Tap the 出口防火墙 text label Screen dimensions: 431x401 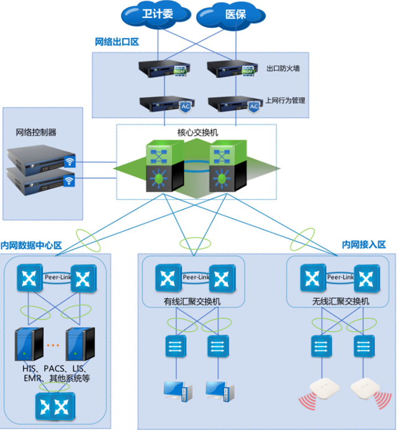pos(283,68)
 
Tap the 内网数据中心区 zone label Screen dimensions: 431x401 pos(32,246)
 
